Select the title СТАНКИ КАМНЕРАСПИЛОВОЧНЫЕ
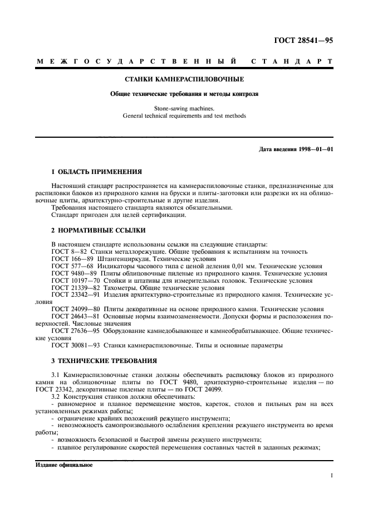[184, 80]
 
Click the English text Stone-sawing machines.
[184, 109]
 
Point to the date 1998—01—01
[313, 149]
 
